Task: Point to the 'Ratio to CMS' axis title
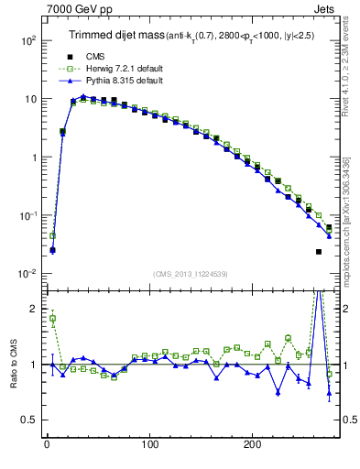15,364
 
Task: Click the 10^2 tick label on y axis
27,40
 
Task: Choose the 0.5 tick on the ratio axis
28,420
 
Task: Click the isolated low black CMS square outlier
319,251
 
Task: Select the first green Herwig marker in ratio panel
52,319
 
